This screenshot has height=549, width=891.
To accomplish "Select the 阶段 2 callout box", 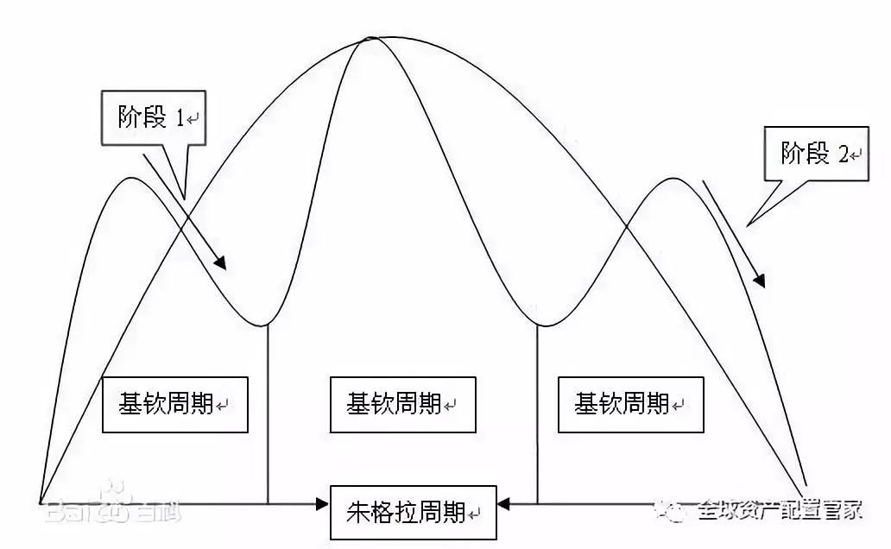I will [815, 155].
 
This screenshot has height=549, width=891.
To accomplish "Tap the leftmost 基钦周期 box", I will [174, 404].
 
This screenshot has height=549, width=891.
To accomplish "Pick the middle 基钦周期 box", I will [402, 404].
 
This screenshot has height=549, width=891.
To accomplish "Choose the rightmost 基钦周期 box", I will [630, 404].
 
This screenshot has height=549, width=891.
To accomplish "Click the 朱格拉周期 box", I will [414, 512].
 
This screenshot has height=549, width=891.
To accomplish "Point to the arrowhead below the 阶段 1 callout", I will [222, 263].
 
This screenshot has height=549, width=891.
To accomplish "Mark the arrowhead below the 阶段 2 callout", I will [760, 280].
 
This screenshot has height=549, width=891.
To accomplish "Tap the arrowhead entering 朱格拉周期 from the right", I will [504, 502].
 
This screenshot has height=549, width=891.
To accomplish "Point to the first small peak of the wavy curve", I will [130, 178].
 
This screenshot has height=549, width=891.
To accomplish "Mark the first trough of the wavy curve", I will [266, 325].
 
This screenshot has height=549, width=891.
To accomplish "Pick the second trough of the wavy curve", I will [539, 325].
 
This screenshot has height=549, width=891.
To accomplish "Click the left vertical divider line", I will [268, 414].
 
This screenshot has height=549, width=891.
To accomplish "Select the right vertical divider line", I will [538, 414].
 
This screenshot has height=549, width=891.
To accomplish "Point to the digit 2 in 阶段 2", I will [843, 155].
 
